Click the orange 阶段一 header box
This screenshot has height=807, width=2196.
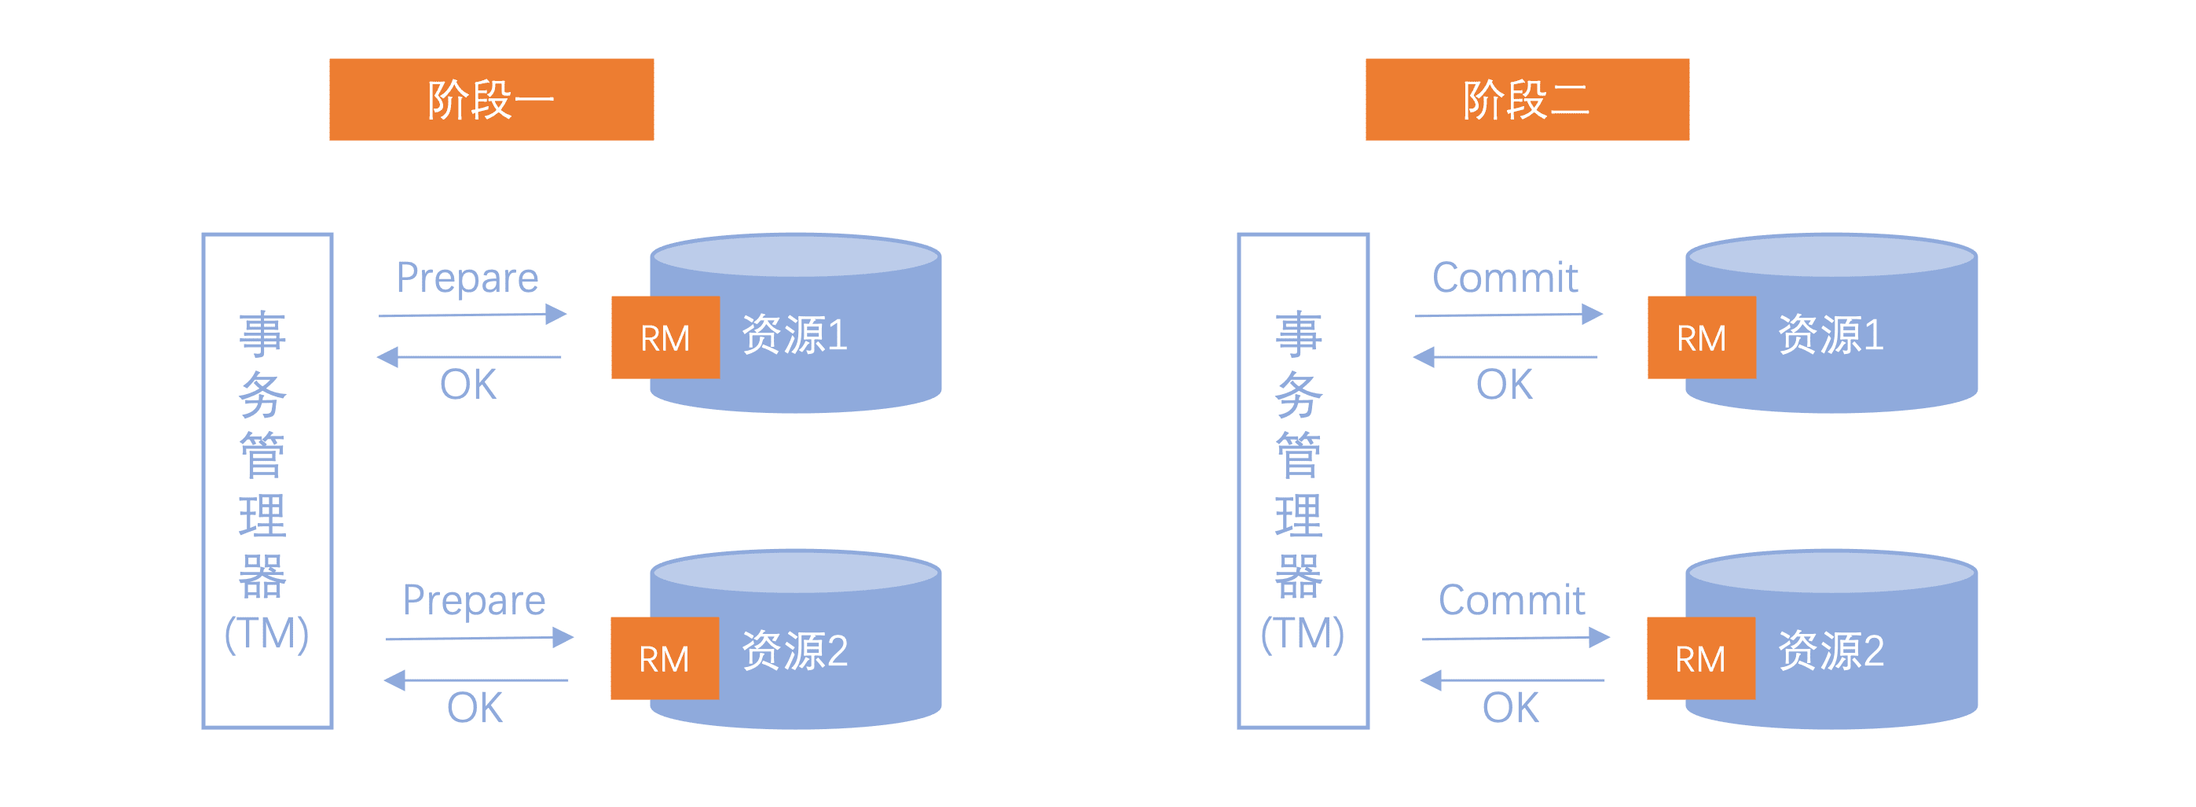pyautogui.click(x=491, y=99)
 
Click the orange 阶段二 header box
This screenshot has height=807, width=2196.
pyautogui.click(x=1527, y=99)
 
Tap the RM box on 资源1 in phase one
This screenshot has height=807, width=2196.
pyautogui.click(x=665, y=337)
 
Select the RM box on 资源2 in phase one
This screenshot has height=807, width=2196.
pyautogui.click(x=664, y=658)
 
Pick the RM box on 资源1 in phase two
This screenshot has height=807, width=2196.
pyautogui.click(x=1702, y=337)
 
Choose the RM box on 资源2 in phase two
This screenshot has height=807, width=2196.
pyautogui.click(x=1701, y=658)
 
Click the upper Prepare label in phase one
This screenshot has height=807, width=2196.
pyautogui.click(x=467, y=278)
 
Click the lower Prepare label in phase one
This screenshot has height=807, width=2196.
pyautogui.click(x=474, y=601)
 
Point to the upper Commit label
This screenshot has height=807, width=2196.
pyautogui.click(x=1505, y=278)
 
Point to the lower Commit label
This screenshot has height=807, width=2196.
pyautogui.click(x=1512, y=601)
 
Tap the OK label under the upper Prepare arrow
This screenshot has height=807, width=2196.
pyautogui.click(x=468, y=385)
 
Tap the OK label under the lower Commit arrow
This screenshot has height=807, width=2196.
pyautogui.click(x=1511, y=708)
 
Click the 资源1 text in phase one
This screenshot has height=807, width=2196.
pyautogui.click(x=794, y=334)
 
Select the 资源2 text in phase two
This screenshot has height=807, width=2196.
pyautogui.click(x=1831, y=651)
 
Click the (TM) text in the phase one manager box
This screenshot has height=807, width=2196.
pyautogui.click(x=267, y=634)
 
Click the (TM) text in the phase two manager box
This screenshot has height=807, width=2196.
pyautogui.click(x=1303, y=634)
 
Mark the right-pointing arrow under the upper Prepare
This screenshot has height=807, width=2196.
pyautogui.click(x=472, y=315)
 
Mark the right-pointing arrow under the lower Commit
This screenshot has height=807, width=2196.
pyautogui.click(x=1515, y=637)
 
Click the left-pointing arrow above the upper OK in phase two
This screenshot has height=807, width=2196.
pyautogui.click(x=1505, y=356)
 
